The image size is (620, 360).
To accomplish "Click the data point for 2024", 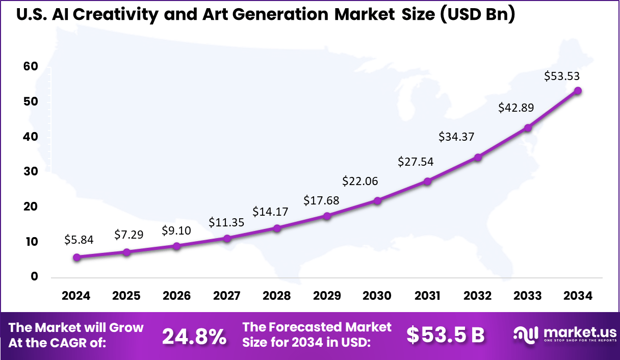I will coord(76,258).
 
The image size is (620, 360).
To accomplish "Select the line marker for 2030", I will coord(377,201).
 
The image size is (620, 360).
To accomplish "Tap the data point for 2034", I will coord(578,91).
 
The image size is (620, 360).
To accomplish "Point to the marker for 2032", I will coord(478,158).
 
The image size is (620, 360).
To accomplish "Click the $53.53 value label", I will coord(562,76).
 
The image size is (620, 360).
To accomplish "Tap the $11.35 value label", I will coord(226,222).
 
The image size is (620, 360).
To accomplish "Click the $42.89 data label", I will coord(513,108).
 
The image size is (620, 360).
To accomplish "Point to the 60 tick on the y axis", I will coord(30,67).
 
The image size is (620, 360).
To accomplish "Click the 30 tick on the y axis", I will coord(30,172).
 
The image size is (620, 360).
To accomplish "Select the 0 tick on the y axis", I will coord(34,277).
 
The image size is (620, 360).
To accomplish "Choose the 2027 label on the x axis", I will coord(227,296).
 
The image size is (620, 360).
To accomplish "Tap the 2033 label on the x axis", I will coord(528,296).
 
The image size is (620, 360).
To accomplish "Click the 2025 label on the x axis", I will coord(126,296).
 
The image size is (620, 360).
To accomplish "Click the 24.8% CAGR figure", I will coord(194,336).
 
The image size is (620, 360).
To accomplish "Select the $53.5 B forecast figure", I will coord(445,335).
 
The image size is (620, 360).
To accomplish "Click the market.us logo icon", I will coord(526,335).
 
